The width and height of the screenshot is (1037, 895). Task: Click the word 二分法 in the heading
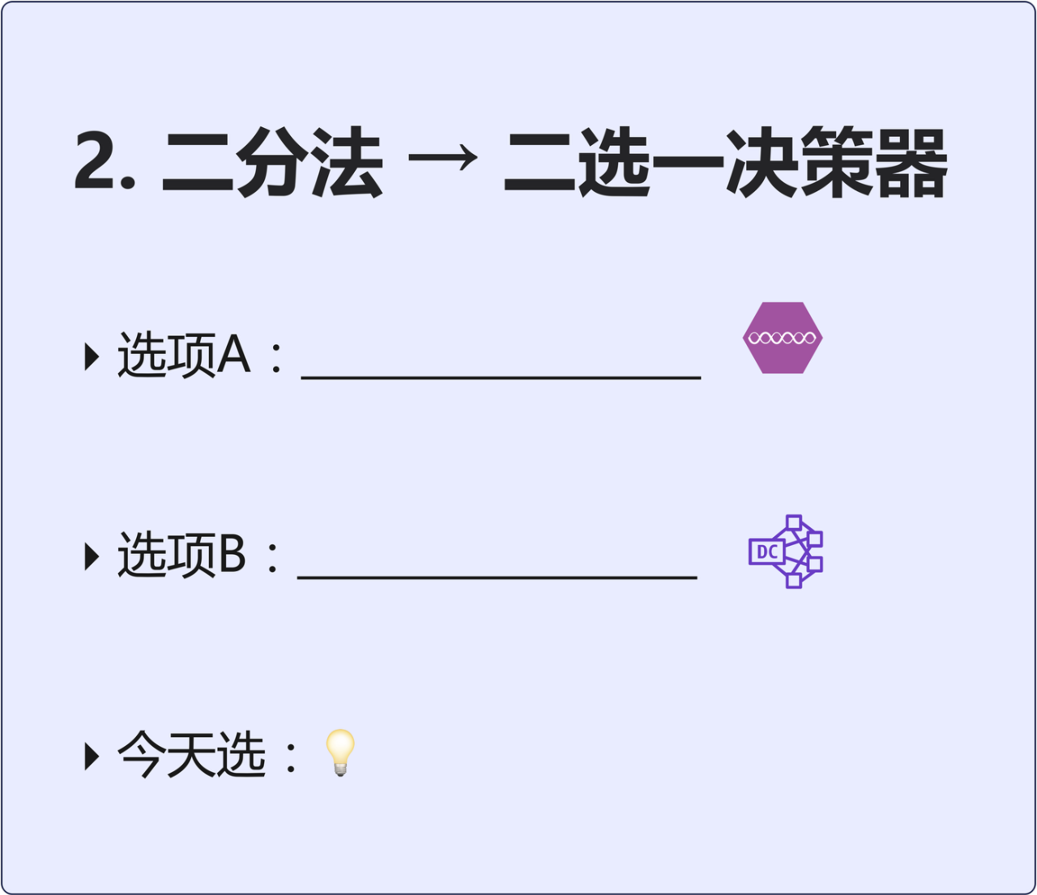(272, 163)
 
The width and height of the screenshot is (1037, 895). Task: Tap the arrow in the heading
(443, 158)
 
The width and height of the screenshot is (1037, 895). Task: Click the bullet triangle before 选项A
(92, 356)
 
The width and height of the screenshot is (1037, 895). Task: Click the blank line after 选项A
(501, 376)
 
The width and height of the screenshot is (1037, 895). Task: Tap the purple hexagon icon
(783, 338)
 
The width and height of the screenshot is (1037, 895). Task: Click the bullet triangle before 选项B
(92, 556)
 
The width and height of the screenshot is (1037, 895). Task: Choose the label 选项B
(181, 556)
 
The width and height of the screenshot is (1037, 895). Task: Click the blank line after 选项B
(497, 576)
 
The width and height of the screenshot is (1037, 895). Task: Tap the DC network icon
(786, 552)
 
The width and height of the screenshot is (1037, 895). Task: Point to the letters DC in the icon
(766, 552)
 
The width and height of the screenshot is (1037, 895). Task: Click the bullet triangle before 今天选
(92, 756)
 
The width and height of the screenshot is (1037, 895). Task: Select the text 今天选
(192, 755)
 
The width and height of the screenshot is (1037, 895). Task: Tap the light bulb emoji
(340, 752)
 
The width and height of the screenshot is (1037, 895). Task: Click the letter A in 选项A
(234, 356)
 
